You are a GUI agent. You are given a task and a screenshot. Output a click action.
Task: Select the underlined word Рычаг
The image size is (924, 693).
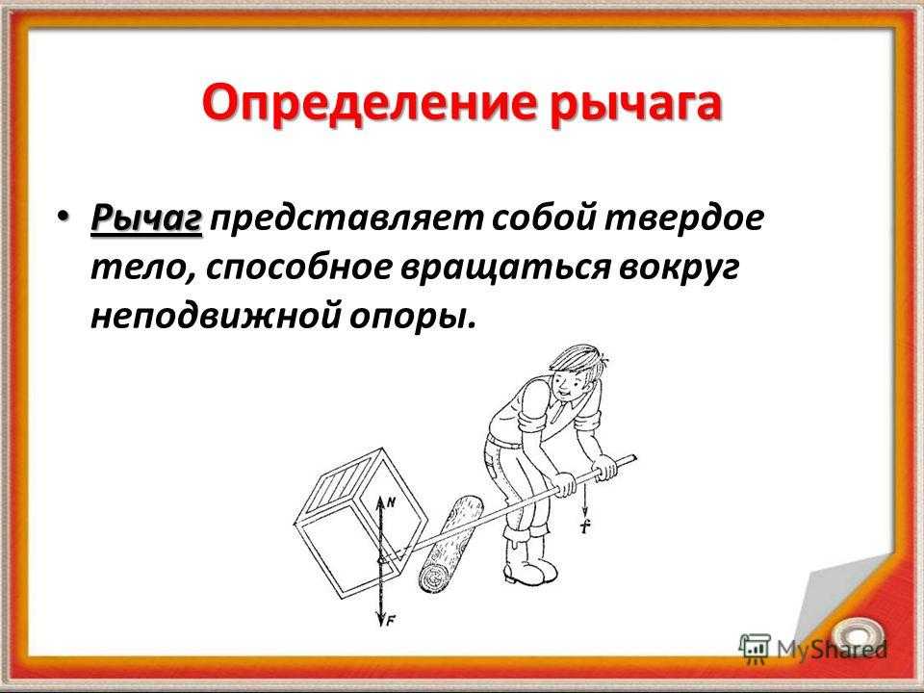click(146, 219)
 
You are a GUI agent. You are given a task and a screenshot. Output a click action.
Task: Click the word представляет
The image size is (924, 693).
click(346, 219)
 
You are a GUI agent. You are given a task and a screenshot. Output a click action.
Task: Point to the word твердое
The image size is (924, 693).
click(684, 218)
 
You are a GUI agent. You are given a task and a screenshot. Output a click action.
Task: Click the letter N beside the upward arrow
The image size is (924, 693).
click(390, 502)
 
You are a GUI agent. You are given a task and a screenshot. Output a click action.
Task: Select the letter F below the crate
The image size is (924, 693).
click(390, 620)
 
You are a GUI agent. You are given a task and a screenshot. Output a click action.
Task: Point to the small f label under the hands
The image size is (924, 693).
click(585, 526)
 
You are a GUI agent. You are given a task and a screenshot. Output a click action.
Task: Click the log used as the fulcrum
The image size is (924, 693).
click(449, 544)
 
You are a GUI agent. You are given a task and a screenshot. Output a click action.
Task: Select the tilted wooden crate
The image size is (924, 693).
click(359, 523)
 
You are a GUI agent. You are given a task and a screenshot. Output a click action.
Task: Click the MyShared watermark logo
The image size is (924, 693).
click(812, 649)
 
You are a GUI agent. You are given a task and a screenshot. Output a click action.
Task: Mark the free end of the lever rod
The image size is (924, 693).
click(634, 456)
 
